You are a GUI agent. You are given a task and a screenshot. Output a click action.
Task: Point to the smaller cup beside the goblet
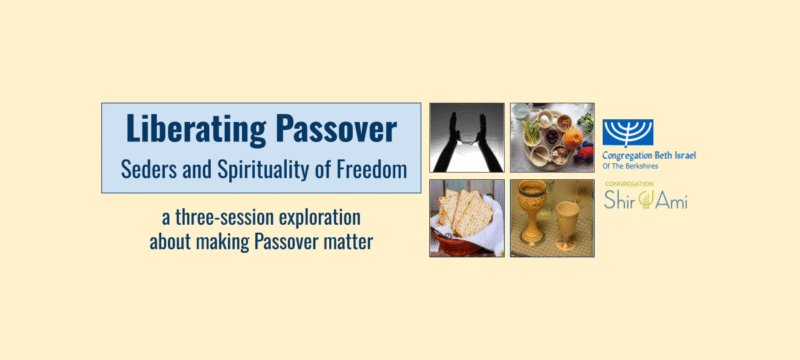click(571, 222)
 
